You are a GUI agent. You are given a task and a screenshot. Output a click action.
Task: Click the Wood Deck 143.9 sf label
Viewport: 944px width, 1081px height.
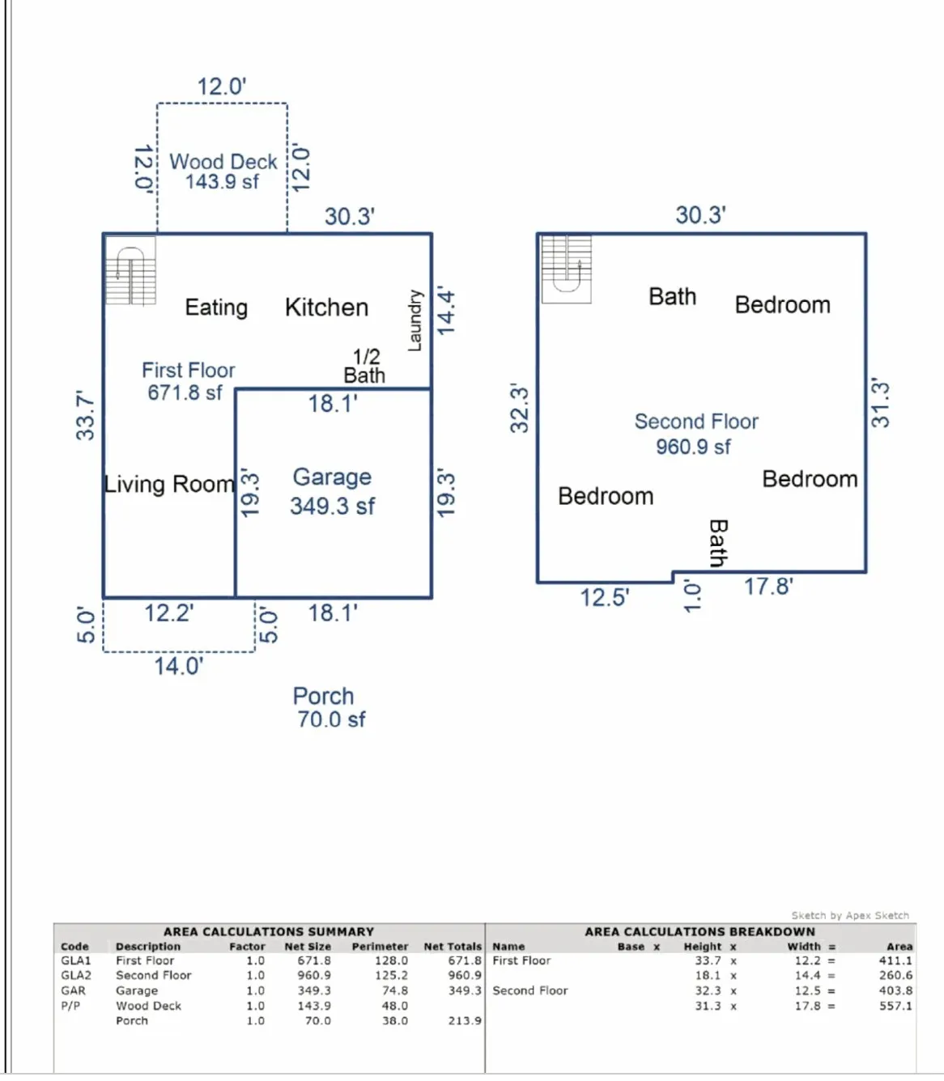223,172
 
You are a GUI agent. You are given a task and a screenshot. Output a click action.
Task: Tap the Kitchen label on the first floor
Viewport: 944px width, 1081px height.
326,307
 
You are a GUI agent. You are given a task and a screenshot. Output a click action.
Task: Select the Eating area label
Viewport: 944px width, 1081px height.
216,307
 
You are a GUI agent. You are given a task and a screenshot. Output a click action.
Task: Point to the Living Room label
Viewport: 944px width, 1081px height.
169,484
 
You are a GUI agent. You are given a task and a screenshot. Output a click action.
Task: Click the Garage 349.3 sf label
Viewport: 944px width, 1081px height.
332,491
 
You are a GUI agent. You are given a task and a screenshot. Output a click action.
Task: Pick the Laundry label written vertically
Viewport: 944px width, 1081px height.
415,320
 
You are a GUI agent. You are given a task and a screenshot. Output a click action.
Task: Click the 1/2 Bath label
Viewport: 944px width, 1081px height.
364,366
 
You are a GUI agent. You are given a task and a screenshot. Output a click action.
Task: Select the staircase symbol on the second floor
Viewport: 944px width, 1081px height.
566,269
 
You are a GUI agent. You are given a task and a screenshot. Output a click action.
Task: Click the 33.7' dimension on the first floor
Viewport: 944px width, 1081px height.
85,415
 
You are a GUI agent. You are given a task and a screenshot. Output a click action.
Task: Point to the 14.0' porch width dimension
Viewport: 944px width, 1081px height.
179,666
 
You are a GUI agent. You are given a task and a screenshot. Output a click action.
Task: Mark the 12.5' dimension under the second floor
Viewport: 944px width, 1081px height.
604,598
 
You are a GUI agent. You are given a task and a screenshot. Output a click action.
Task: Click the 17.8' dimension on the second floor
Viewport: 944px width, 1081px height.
768,586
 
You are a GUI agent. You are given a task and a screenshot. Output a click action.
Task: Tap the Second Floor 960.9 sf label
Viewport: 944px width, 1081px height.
695,434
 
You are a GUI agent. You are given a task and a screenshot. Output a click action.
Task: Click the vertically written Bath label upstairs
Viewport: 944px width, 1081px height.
718,543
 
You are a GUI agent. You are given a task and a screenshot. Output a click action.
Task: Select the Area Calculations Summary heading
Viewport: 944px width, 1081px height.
269,931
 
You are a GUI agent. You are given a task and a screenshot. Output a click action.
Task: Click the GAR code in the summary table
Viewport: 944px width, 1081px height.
73,990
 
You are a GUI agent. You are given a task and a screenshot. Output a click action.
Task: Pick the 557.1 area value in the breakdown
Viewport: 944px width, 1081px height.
895,1006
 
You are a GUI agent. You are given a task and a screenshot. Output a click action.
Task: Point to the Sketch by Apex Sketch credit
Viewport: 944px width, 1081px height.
849,915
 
